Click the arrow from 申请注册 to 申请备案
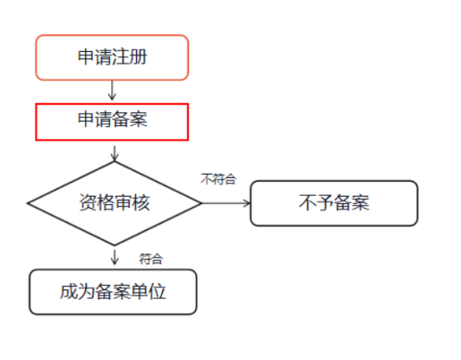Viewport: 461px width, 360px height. pos(112,90)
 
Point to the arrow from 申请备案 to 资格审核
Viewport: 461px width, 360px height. pos(115,153)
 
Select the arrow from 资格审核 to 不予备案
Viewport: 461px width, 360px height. pos(226,203)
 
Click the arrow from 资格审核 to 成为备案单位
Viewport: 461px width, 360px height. pos(115,257)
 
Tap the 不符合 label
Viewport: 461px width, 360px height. pos(218,179)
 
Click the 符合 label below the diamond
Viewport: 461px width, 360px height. pos(151,259)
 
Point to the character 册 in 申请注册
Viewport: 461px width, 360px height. pos(139,56)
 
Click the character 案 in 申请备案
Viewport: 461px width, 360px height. pos(139,119)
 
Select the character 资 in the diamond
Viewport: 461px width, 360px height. pos(88,202)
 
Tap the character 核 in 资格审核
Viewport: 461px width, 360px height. pos(141,202)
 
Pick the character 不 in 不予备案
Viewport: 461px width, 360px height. pos(307,202)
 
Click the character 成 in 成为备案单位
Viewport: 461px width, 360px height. pos(69,291)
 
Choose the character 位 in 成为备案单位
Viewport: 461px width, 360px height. pos(158,291)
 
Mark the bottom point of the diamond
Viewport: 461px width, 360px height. pos(115,245)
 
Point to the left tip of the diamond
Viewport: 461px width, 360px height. pos(28,203)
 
